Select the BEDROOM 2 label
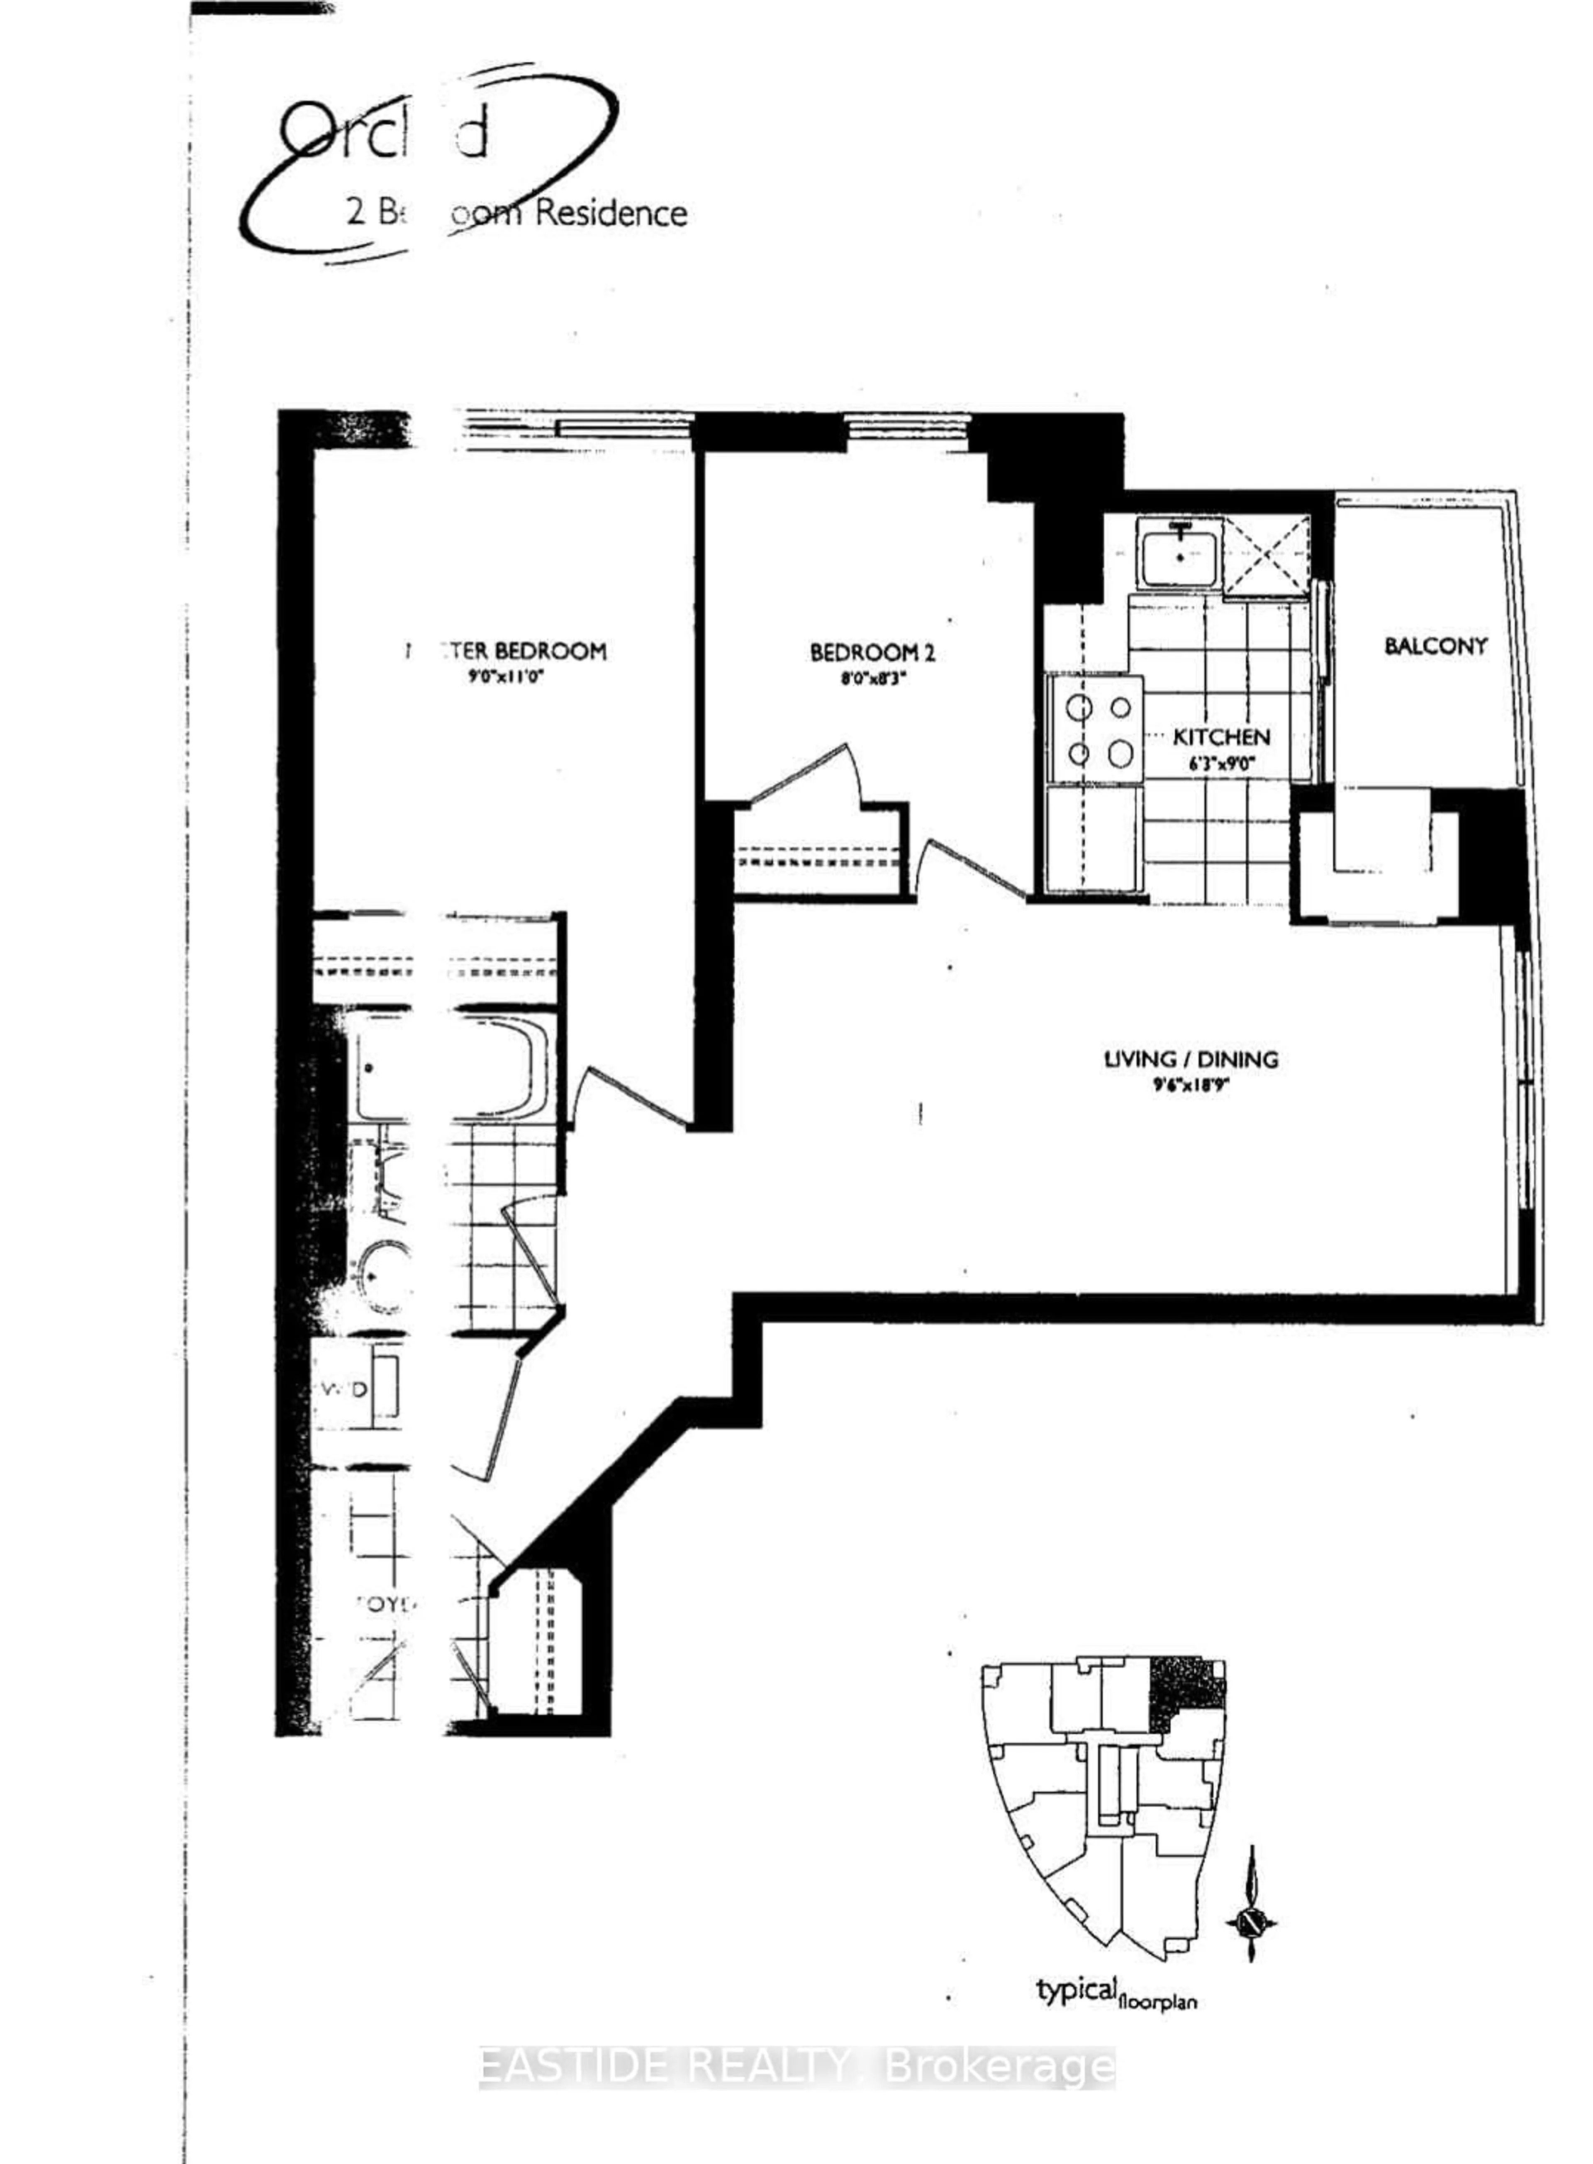[872, 653]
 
